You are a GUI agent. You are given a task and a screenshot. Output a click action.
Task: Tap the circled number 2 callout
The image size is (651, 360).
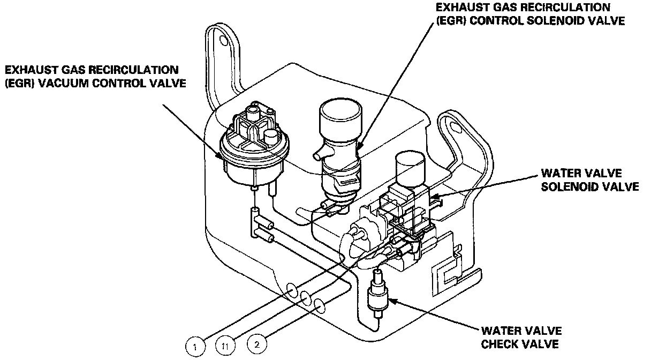[257, 344]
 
